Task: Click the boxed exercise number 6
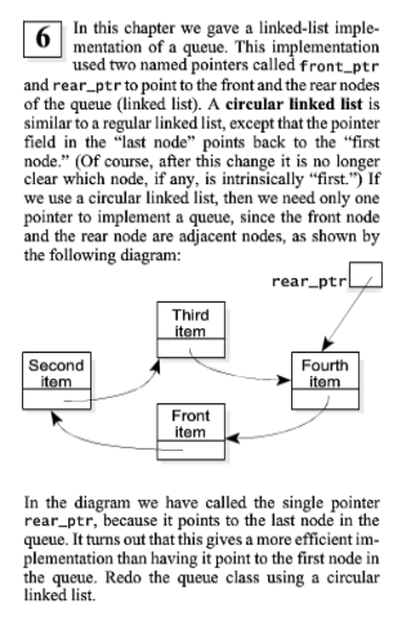[43, 39]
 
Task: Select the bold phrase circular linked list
[294, 104]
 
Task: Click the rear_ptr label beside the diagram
[309, 282]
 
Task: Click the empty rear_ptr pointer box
[366, 274]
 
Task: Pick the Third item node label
[191, 323]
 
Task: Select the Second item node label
[56, 373]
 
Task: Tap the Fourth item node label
[325, 373]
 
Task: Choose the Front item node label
[191, 424]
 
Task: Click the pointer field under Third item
[191, 348]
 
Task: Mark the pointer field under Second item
[56, 399]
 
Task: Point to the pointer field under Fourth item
[325, 399]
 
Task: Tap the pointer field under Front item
[191, 450]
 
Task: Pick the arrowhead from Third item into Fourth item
[283, 380]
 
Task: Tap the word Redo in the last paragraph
[123, 578]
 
